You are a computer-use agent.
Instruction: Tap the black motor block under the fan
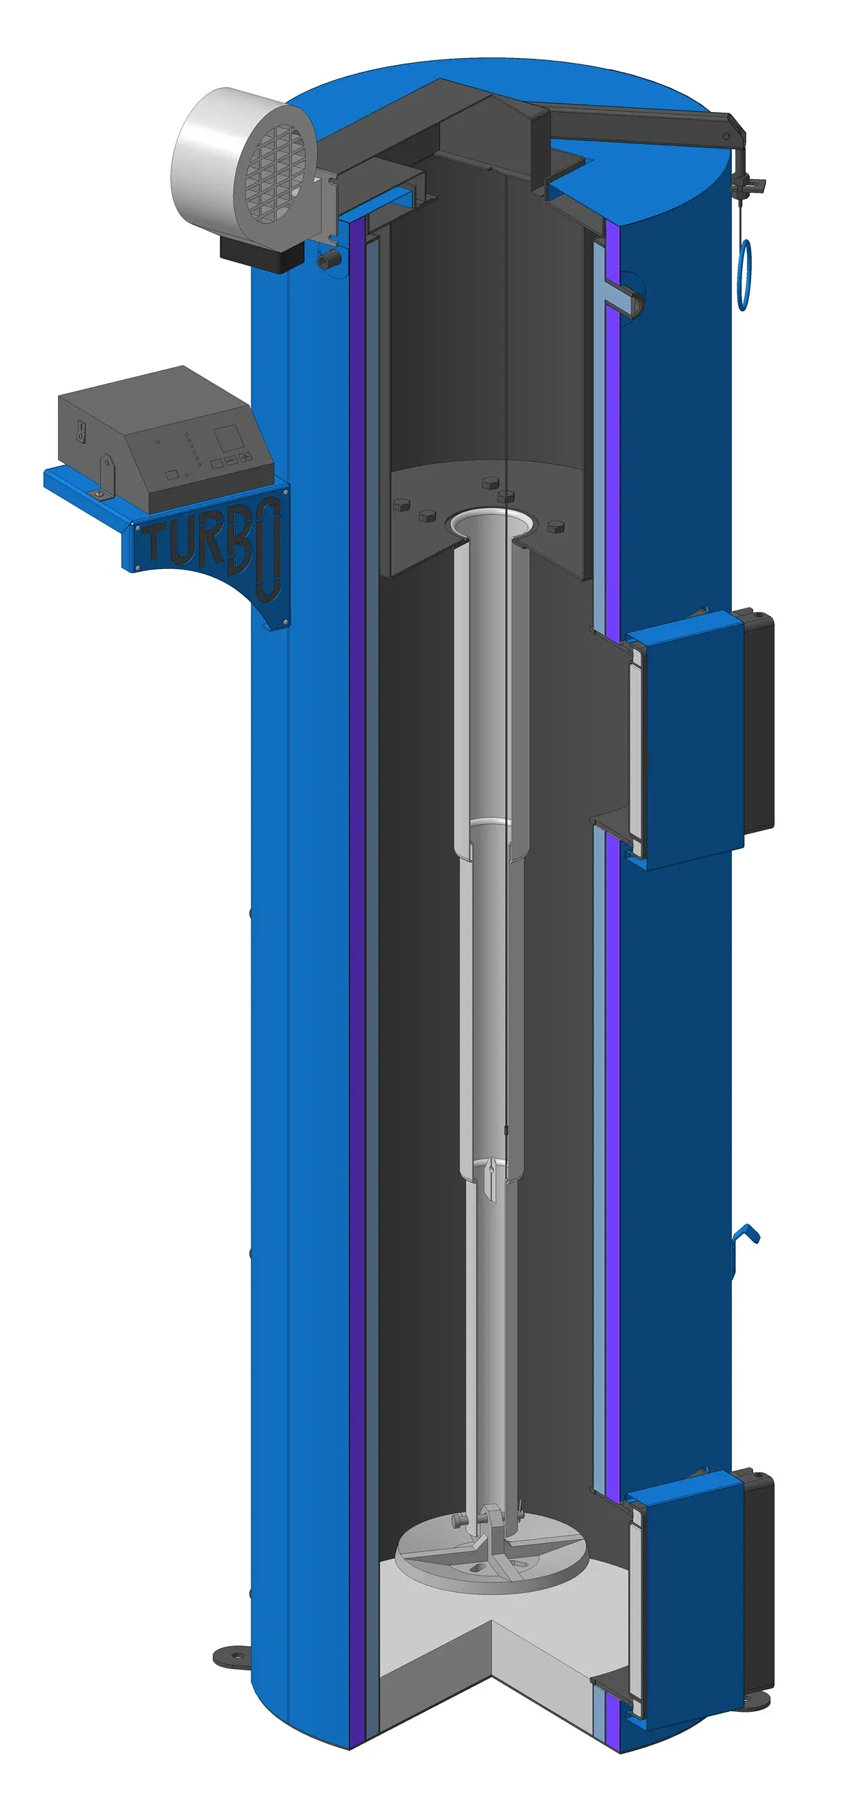[x=262, y=253]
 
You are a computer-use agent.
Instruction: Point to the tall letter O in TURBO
[x=268, y=550]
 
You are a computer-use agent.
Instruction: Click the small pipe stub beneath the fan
[x=328, y=260]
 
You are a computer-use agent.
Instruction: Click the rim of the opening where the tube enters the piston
[x=489, y=523]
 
